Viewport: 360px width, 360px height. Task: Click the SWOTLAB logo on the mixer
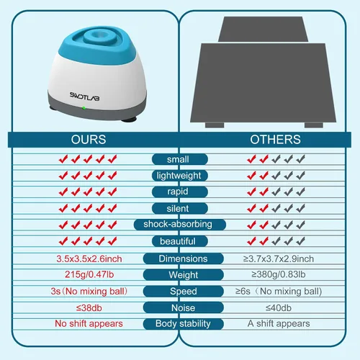coord(84,96)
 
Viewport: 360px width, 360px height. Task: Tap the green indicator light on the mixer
coord(84,108)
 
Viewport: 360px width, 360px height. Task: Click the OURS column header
coord(89,140)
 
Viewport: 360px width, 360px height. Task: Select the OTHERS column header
coord(275,140)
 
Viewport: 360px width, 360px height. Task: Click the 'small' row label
coord(178,159)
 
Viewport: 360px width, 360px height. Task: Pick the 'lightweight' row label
coord(179,176)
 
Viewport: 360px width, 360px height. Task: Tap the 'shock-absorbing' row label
coord(178,225)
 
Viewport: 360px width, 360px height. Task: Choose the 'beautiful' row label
coord(178,241)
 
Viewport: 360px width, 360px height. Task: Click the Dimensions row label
coord(183,258)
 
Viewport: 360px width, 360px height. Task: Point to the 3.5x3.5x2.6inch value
coord(89,258)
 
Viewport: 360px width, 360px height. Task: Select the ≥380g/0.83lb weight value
coord(279,274)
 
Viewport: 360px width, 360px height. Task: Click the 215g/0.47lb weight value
coord(89,274)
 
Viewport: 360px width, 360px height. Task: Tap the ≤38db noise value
coord(89,307)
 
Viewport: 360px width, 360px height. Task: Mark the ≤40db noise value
coord(279,307)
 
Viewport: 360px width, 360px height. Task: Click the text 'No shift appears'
coord(89,323)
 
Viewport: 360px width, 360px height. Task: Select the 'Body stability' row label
coord(183,324)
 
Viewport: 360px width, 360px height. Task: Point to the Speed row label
coord(184,291)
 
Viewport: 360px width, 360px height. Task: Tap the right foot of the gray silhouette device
coord(314,125)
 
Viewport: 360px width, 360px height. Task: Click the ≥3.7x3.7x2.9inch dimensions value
coord(279,258)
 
